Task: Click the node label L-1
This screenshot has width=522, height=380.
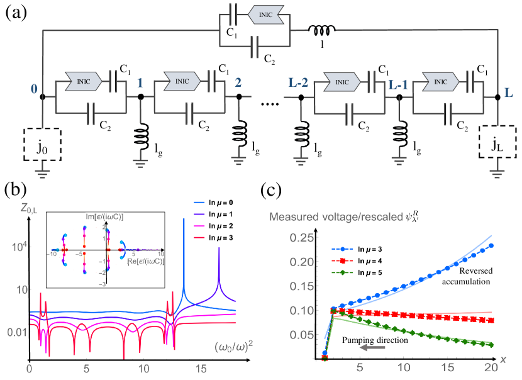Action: (x=399, y=84)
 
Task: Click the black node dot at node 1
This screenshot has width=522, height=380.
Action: (x=141, y=96)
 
